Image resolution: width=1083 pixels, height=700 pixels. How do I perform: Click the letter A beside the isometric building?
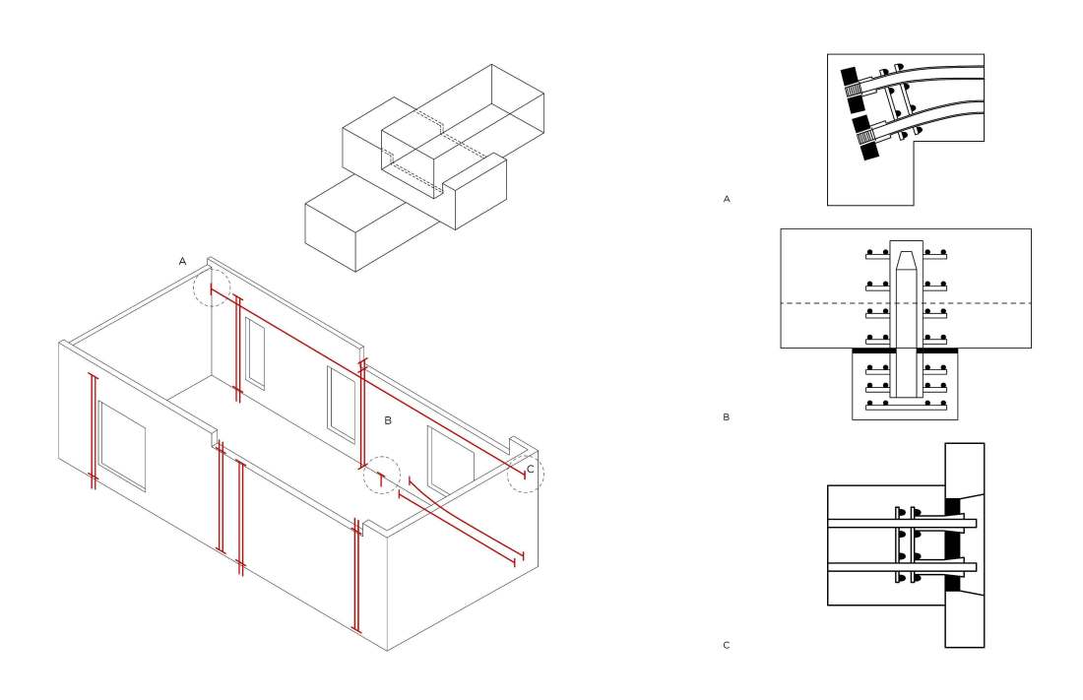coord(182,261)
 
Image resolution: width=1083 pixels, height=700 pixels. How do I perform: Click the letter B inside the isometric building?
coord(388,420)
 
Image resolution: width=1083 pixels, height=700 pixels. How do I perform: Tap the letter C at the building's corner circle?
coord(531,469)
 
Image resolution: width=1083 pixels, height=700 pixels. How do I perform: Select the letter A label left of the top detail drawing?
coord(727,199)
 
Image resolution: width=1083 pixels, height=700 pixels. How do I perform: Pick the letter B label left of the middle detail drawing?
coord(726,416)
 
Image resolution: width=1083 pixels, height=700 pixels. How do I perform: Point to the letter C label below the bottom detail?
coord(726,646)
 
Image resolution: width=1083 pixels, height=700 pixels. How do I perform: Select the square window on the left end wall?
coord(122,446)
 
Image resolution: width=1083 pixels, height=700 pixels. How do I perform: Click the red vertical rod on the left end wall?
coord(94,431)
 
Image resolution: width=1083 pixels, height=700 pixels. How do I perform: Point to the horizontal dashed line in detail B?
coord(906,303)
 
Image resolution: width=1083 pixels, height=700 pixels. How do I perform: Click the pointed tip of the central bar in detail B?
coord(906,253)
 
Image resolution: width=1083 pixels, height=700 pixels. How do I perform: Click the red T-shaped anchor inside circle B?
coord(380,478)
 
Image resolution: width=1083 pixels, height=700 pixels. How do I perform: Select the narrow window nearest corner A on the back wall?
coord(255,353)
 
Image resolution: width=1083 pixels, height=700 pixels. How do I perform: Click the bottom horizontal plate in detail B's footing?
coord(906,407)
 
